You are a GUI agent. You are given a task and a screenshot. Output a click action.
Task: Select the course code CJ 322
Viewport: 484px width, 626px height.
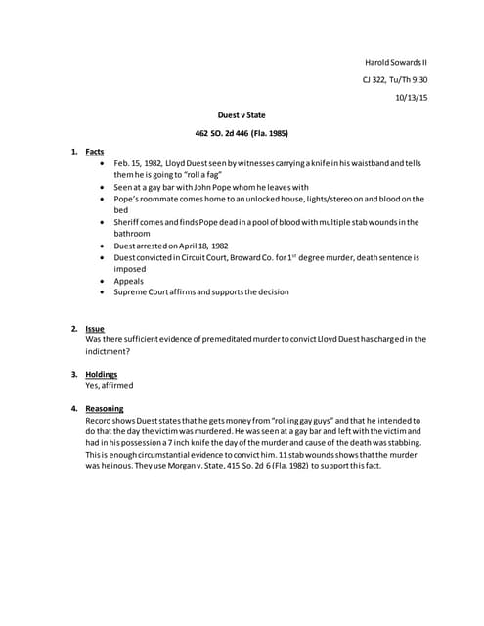pos(377,79)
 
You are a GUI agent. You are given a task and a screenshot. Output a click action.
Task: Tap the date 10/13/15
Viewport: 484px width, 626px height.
pos(411,97)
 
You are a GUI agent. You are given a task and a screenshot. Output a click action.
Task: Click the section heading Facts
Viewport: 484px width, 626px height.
pos(95,152)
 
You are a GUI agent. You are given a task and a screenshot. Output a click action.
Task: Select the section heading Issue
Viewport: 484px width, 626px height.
pos(95,329)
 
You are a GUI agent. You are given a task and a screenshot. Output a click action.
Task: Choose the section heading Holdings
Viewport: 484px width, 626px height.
pos(102,375)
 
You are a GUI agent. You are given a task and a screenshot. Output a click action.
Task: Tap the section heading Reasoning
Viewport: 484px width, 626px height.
pos(105,407)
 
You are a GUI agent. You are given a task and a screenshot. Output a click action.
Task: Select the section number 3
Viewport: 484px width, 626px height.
pos(73,375)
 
